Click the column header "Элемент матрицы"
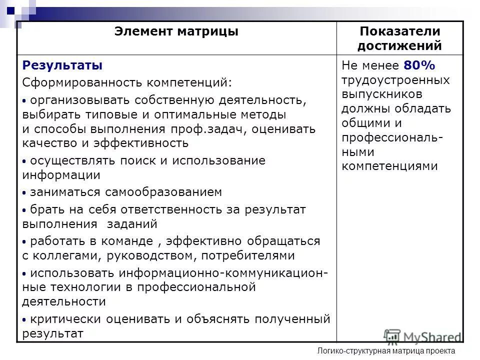[176, 32]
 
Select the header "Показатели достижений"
[399, 38]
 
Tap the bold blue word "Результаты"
[62, 65]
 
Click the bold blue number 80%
[419, 65]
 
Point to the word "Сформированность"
[81, 81]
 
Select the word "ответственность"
[166, 209]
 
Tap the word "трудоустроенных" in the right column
[395, 80]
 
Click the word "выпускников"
[382, 94]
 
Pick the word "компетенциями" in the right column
[389, 166]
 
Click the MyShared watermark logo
[423, 336]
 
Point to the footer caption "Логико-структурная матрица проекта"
[386, 351]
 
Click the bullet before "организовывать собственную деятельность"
[25, 100]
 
